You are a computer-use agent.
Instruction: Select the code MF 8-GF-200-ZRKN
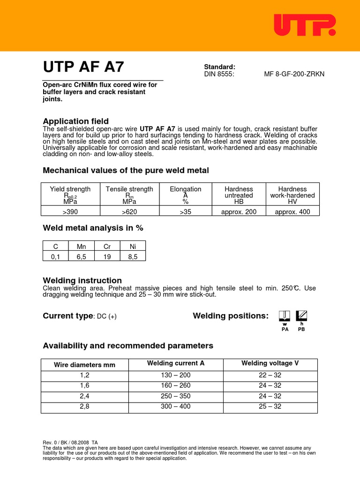[294, 74]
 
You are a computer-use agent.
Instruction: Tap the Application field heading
[75, 121]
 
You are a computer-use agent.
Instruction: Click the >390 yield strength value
[70, 211]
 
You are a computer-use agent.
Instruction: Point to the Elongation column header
[186, 189]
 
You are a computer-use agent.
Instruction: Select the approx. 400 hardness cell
[292, 211]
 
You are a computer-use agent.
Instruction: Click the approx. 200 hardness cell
[239, 211]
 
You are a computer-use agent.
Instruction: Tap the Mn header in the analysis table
[81, 246]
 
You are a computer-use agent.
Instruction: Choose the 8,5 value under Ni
[133, 256]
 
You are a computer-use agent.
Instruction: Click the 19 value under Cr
[107, 256]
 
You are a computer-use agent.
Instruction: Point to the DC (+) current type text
[106, 316]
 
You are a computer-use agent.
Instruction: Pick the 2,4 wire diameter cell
[84, 396]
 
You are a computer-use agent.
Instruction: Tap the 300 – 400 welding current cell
[176, 406]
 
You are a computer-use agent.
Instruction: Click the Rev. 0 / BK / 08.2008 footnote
[70, 442]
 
